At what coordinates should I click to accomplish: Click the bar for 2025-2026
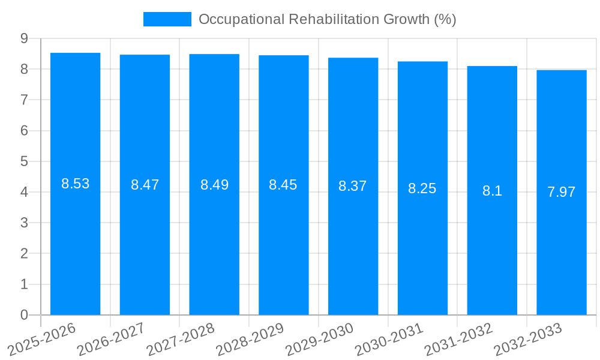(75, 240)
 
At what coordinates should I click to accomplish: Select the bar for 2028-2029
(284, 240)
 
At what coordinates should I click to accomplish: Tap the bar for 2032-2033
(562, 240)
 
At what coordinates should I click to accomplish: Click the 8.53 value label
(76, 184)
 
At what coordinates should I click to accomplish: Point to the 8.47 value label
(145, 185)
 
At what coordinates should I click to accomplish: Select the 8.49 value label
(214, 185)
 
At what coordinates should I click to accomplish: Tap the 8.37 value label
(353, 186)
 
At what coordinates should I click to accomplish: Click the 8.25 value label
(422, 188)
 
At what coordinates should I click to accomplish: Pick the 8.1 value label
(492, 191)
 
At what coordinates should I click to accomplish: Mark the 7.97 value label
(562, 192)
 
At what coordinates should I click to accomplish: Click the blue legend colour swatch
(167, 19)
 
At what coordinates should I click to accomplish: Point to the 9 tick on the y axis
(25, 38)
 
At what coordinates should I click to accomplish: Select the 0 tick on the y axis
(25, 315)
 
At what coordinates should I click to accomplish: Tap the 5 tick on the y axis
(25, 161)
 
